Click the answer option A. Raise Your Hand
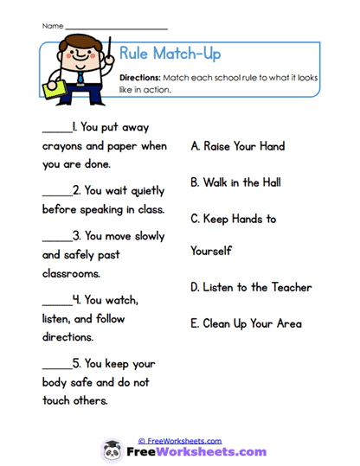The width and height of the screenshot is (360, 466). (x=237, y=146)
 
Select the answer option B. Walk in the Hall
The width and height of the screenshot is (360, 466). (x=235, y=182)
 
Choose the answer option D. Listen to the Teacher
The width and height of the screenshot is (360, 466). (x=251, y=287)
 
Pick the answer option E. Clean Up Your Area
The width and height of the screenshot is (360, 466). (x=246, y=323)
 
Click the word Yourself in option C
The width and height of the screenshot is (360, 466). (x=213, y=251)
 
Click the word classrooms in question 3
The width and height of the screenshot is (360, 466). (x=72, y=273)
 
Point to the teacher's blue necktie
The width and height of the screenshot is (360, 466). (x=80, y=76)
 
